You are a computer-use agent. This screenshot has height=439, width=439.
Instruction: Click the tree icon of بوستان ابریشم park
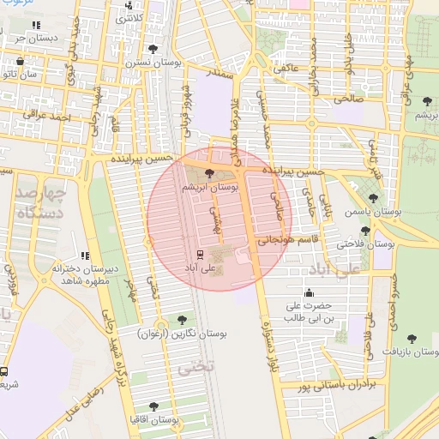[210, 174]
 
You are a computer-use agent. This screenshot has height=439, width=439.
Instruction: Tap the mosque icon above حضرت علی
[308, 292]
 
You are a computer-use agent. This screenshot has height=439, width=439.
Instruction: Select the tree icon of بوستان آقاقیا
[154, 406]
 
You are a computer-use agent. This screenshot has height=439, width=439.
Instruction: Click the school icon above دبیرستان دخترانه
[84, 256]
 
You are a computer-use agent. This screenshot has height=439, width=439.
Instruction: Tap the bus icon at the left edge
[4, 373]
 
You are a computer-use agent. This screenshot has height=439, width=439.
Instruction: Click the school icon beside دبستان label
[35, 27]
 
